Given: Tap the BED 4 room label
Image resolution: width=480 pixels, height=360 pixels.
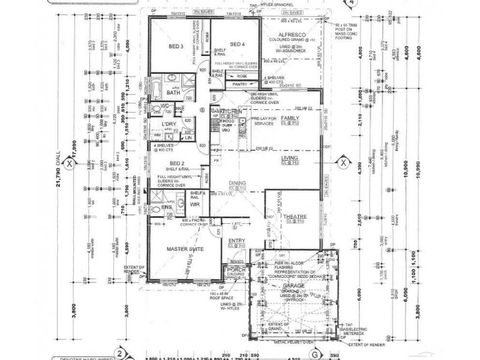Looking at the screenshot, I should click(238, 44).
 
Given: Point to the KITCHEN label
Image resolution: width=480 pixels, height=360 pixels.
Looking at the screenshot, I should click(231, 112).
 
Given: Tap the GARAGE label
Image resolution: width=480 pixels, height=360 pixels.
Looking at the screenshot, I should click(294, 287).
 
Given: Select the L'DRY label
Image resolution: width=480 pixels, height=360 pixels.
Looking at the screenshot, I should click(168, 124).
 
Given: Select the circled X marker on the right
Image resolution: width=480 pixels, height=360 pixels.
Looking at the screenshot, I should click(343, 162).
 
